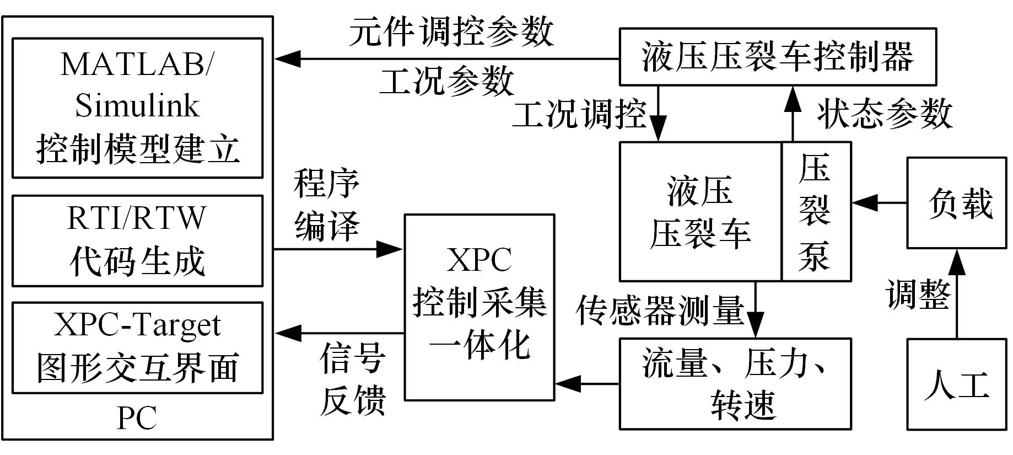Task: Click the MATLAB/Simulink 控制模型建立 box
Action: click(x=137, y=108)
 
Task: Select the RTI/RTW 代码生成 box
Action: click(x=137, y=240)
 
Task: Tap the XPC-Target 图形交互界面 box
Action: click(x=137, y=347)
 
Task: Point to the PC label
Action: click(x=137, y=418)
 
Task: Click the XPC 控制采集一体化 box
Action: click(x=479, y=307)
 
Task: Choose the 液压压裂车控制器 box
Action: click(x=778, y=57)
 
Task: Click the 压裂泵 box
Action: click(x=816, y=212)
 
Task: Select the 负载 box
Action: click(x=957, y=202)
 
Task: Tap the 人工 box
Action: click(x=957, y=384)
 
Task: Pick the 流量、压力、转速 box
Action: click(x=735, y=383)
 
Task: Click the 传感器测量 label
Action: click(x=660, y=310)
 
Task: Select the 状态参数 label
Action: click(x=885, y=114)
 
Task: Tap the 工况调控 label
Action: click(x=579, y=115)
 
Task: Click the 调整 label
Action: click(x=918, y=293)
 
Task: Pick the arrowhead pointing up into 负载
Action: click(x=957, y=260)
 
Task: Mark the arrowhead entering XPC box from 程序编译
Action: click(x=393, y=249)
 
